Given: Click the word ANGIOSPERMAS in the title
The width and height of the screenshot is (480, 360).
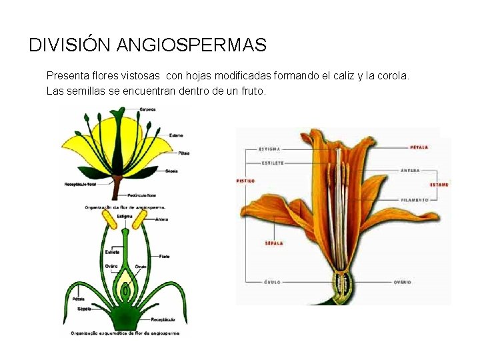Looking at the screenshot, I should click(x=191, y=45).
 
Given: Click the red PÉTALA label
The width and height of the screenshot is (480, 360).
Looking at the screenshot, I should click(x=419, y=147).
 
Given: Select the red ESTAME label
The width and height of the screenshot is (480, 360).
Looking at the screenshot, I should click(x=439, y=185).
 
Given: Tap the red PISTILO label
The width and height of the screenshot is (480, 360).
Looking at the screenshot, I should click(x=246, y=181).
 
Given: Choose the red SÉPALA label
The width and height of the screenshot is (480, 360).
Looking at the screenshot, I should click(x=274, y=243).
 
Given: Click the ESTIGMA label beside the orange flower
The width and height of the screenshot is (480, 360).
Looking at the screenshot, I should click(x=269, y=149).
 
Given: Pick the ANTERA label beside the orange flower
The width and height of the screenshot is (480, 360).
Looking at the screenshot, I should click(x=410, y=171).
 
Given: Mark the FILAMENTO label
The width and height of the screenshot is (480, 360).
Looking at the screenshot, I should click(x=415, y=199).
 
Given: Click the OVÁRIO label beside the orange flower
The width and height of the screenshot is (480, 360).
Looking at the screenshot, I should click(x=402, y=282).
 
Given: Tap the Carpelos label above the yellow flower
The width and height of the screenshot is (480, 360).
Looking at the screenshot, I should click(x=148, y=109).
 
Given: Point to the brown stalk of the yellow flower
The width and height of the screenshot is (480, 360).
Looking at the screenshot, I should click(x=115, y=187).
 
